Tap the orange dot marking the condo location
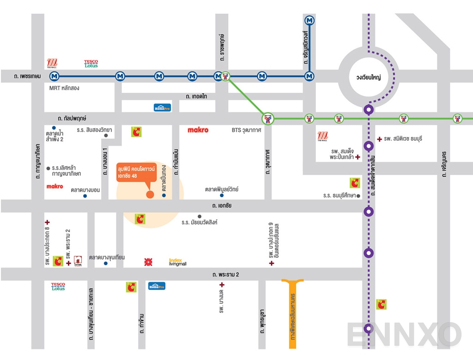(x=150, y=194)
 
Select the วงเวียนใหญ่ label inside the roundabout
(x=368, y=78)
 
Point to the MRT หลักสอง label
(x=64, y=88)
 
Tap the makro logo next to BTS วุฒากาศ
(x=198, y=130)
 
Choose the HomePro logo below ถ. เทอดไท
(x=162, y=108)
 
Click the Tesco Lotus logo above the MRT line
(x=91, y=64)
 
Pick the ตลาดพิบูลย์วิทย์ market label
(x=222, y=190)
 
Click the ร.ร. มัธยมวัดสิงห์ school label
(x=199, y=222)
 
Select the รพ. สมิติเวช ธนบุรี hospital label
(x=403, y=138)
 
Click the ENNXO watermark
(x=404, y=335)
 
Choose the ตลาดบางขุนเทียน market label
(x=107, y=258)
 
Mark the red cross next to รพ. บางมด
(x=222, y=285)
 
